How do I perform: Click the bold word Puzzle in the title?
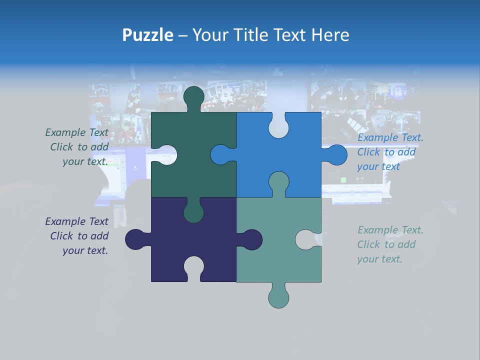(147, 35)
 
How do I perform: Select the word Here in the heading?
(330, 35)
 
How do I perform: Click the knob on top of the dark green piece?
(193, 97)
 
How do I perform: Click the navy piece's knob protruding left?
(135, 239)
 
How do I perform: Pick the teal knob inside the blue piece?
(278, 182)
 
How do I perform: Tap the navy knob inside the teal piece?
(251, 239)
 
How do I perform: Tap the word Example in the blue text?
(376, 137)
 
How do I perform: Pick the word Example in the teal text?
(376, 230)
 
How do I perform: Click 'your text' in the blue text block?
(378, 166)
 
